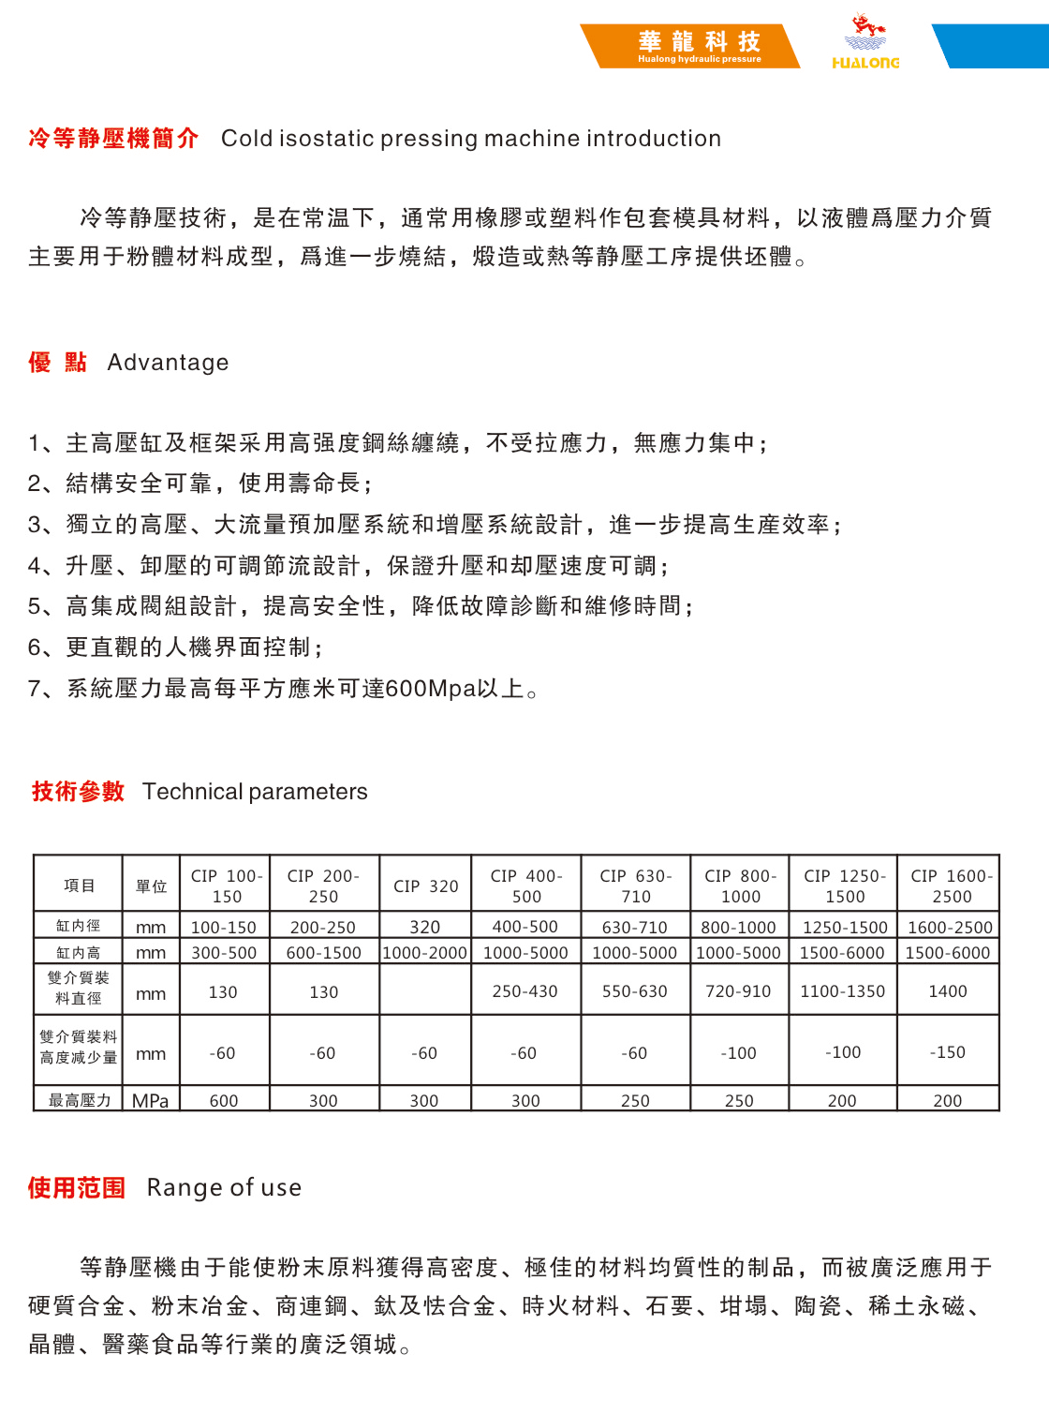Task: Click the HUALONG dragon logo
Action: point(865,43)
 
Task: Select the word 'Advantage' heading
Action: point(168,363)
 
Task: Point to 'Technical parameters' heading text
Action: point(255,792)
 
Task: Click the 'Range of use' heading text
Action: point(224,1188)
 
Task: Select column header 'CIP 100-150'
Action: point(227,886)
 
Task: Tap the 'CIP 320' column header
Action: point(425,886)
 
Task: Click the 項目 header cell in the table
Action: point(79,886)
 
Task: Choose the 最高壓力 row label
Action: point(80,1100)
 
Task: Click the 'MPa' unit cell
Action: point(150,1100)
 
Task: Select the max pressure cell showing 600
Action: point(224,1100)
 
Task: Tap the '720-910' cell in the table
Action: point(738,991)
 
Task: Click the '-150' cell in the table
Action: point(948,1052)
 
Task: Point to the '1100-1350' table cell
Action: point(842,991)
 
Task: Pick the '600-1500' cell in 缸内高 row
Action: point(323,953)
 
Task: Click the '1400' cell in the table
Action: point(948,991)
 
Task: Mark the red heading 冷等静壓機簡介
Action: point(113,139)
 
